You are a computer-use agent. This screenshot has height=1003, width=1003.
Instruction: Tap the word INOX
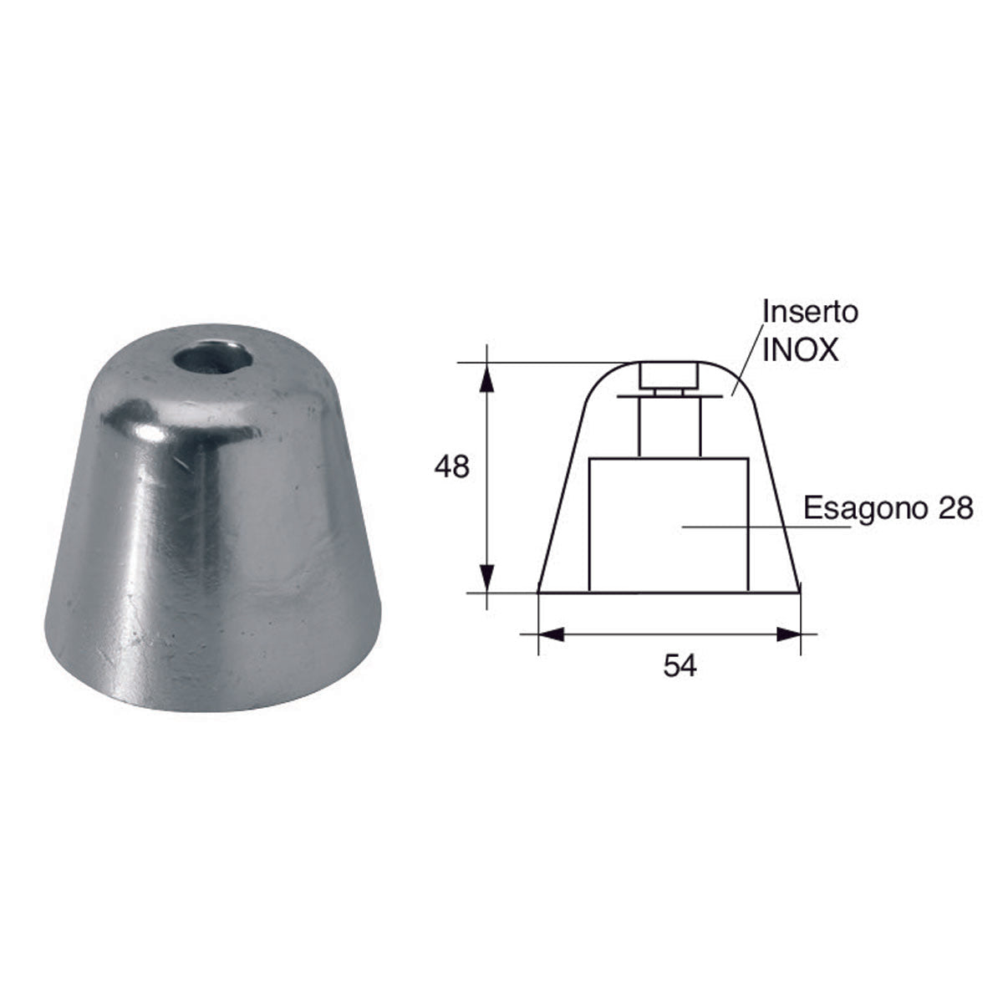point(800,349)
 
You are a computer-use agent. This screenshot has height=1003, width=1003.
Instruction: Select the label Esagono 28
point(888,508)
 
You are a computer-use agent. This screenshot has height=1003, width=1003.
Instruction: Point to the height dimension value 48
point(451,467)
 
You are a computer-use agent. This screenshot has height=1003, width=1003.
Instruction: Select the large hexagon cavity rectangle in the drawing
point(669,523)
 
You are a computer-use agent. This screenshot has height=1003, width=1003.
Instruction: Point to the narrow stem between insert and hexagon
point(669,426)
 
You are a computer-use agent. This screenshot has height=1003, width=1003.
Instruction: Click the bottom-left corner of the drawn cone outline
point(539,592)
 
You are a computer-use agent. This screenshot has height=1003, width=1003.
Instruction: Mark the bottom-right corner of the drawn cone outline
point(800,592)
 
